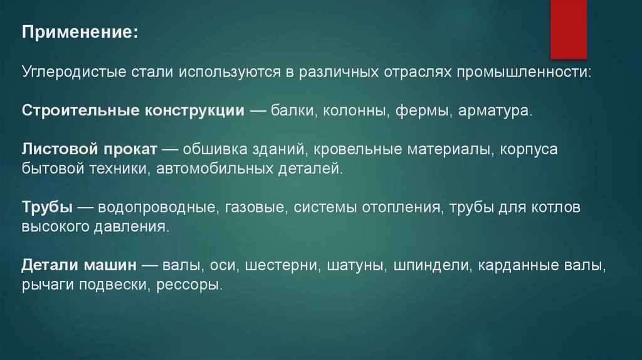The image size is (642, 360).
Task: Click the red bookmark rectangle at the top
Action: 568,29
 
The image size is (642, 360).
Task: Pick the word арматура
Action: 495,111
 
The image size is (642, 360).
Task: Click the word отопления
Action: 399,208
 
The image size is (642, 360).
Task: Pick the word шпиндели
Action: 432,265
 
